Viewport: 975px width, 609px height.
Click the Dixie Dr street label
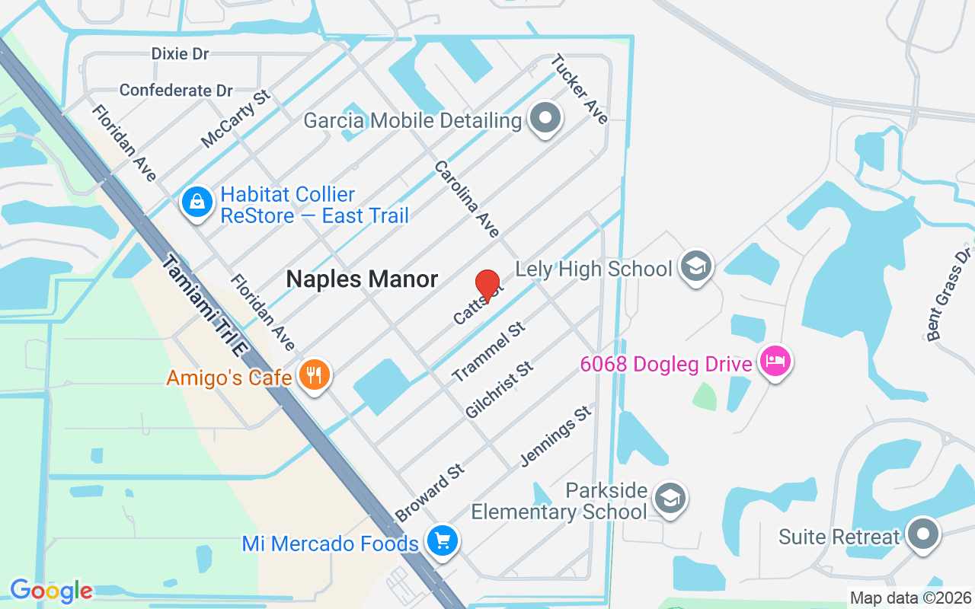point(180,53)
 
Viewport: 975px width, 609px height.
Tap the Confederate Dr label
point(176,91)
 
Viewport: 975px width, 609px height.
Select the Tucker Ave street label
point(580,88)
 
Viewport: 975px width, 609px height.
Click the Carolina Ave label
point(467,199)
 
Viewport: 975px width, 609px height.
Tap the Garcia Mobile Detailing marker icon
point(545,119)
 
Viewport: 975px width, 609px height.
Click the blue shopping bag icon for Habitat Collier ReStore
point(197,202)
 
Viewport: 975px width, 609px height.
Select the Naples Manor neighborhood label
point(362,279)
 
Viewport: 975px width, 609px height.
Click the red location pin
point(487,286)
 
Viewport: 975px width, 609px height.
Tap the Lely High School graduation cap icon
point(695,266)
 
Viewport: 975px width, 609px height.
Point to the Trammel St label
point(489,351)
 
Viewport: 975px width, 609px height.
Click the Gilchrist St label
point(500,390)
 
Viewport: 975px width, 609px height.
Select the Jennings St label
point(555,435)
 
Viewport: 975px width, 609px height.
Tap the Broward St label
point(430,493)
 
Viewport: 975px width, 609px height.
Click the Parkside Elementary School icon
point(670,499)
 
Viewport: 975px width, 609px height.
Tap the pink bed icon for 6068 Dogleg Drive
point(775,361)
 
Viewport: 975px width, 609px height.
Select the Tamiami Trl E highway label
point(204,307)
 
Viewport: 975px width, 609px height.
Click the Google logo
point(51,591)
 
